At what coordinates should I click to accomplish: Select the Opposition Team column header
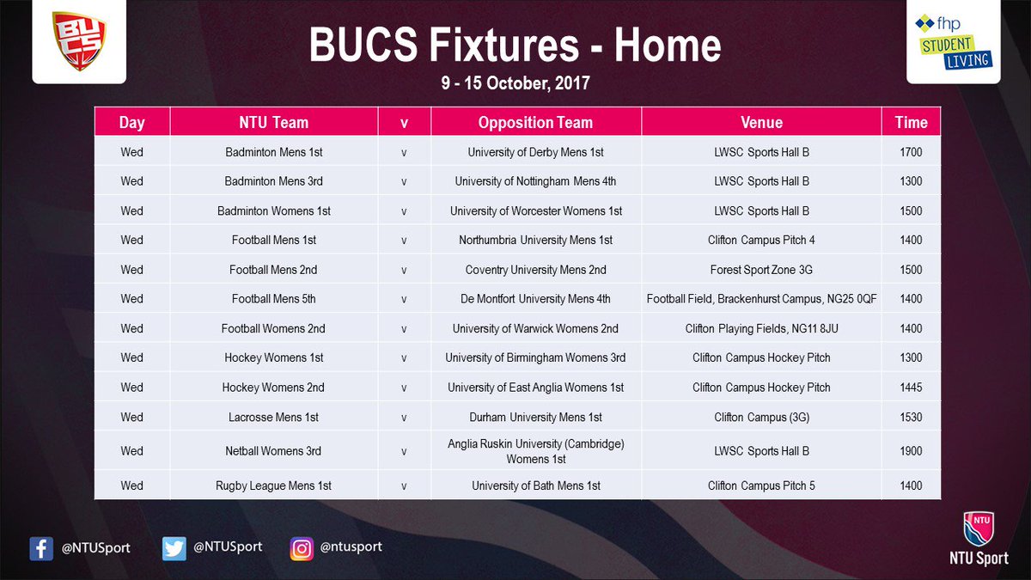coord(535,122)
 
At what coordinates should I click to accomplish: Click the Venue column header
coord(761,122)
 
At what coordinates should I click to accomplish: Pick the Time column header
coord(911,122)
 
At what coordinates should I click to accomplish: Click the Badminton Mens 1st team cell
coord(274,152)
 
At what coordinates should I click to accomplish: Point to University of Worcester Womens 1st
coord(535,211)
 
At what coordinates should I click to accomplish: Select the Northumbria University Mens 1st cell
coord(535,241)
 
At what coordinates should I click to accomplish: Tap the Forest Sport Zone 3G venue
coord(761,270)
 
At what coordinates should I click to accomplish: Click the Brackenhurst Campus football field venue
coord(761,299)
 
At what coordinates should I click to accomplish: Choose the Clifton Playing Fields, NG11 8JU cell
coord(761,328)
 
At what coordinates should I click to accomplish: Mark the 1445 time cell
coord(911,388)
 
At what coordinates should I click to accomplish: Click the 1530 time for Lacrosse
coord(911,418)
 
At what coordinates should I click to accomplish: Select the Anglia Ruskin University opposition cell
coord(535,451)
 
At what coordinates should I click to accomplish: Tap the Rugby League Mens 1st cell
coord(274,485)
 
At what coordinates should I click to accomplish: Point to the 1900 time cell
coord(911,451)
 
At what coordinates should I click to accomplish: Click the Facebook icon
coord(41,548)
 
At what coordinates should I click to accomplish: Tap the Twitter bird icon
coord(174,548)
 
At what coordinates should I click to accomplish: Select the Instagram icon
coord(301,548)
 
